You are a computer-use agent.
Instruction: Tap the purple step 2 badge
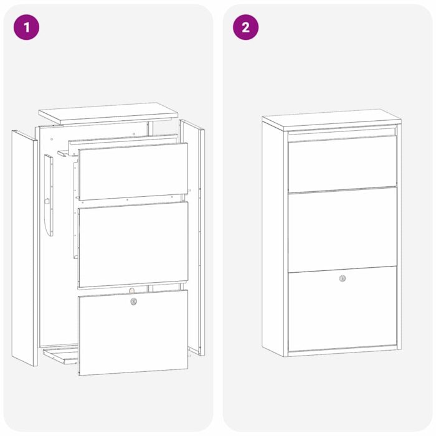point(245,27)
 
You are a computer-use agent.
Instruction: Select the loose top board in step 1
point(108,114)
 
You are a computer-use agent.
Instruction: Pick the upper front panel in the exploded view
point(133,171)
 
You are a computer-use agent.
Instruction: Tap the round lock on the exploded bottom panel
point(133,301)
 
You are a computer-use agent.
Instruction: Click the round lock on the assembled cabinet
point(343,278)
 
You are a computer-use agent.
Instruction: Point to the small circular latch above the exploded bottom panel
point(131,290)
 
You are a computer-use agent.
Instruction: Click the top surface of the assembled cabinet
point(331,118)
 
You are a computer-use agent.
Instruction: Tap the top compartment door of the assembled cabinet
point(343,163)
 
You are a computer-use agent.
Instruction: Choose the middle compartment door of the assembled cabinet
point(343,228)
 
